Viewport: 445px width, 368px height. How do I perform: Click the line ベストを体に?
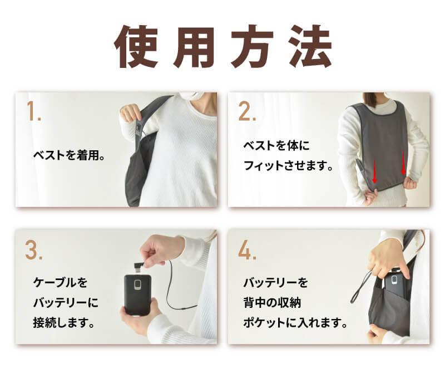[x=276, y=146]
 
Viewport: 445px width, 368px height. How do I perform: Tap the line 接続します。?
[x=63, y=322]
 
